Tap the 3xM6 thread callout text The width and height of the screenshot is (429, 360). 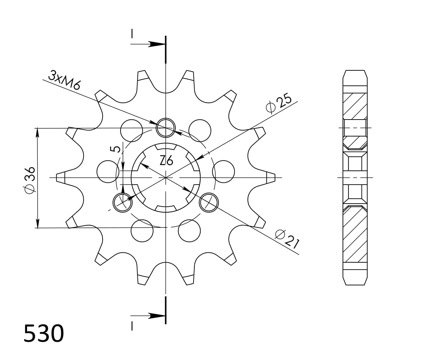pyautogui.click(x=65, y=81)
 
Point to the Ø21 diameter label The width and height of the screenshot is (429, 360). pyautogui.click(x=287, y=239)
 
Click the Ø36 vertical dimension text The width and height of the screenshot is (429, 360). pyautogui.click(x=30, y=179)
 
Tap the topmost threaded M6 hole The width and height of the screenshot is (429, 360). pyautogui.click(x=166, y=127)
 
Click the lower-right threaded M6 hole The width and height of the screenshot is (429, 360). pyautogui.click(x=209, y=202)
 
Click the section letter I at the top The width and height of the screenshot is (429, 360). pyautogui.click(x=132, y=33)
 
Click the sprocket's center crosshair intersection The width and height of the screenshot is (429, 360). pyautogui.click(x=165, y=178)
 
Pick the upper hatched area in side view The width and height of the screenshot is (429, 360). pyautogui.click(x=355, y=105)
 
